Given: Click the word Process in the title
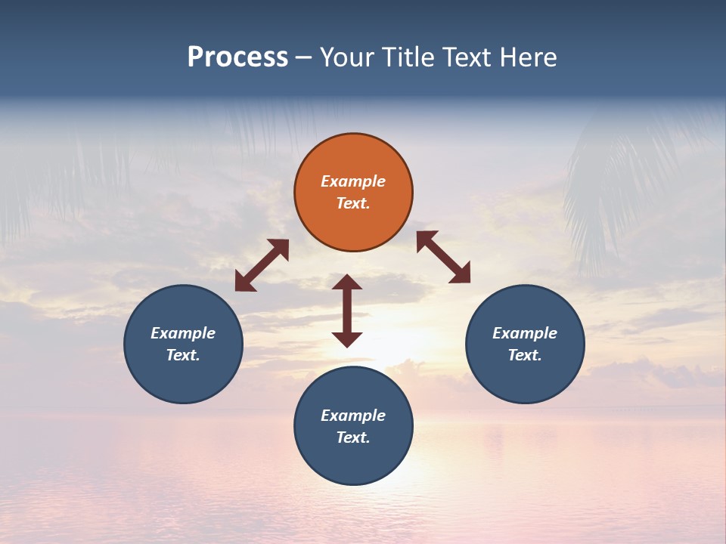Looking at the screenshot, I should [237, 57].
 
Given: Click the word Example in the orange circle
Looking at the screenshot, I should [353, 181].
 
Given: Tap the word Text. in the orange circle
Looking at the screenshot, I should [353, 203].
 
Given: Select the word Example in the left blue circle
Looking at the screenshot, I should [183, 333].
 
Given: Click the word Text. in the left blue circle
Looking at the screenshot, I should [183, 355].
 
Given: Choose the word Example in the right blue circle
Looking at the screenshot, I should [525, 333].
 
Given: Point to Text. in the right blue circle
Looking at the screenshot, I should [525, 355].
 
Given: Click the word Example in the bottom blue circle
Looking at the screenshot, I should [353, 416].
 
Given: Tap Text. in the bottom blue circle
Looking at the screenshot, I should [353, 437].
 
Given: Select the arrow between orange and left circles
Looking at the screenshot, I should [262, 265].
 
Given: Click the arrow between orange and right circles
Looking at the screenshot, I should [443, 257].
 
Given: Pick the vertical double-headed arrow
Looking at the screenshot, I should [347, 311].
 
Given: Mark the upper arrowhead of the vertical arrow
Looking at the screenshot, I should [347, 282].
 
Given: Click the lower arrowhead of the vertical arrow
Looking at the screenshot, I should [347, 339].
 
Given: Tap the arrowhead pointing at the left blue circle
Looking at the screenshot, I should [243, 283].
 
